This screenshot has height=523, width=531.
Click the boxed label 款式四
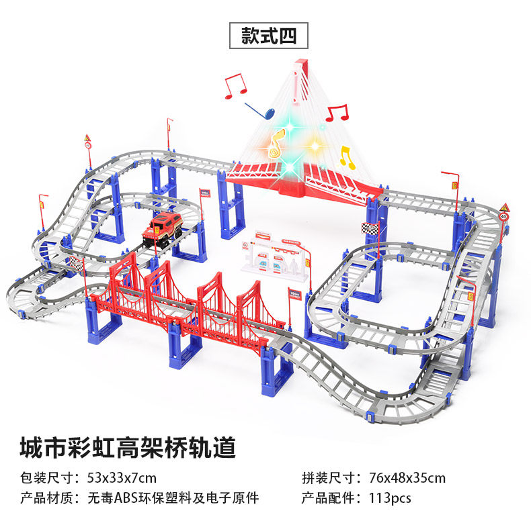tap(268, 35)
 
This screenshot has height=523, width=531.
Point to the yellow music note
tap(347, 156)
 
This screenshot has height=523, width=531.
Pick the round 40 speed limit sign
tap(503, 217)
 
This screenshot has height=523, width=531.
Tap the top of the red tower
tap(300, 65)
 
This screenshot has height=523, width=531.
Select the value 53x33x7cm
tap(121, 478)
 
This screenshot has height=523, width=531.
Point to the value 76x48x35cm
tap(407, 478)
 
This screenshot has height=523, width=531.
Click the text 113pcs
tap(390, 498)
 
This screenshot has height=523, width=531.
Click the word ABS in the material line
tap(125, 498)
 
